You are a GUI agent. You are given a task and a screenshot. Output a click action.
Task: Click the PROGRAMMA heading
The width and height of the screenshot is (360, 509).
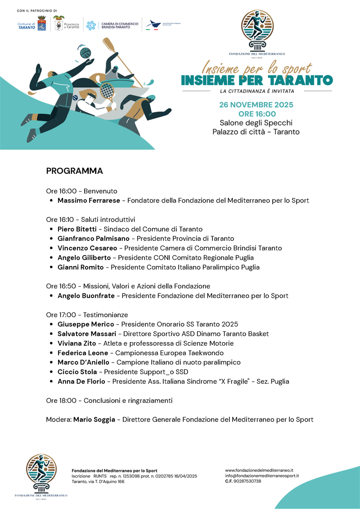[x=74, y=171]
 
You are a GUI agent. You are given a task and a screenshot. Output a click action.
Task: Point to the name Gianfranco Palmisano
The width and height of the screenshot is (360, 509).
[x=93, y=239]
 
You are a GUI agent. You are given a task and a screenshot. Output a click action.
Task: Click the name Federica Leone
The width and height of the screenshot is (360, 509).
[x=82, y=353]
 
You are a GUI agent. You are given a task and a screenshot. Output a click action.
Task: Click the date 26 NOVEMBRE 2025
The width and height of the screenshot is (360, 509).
[x=256, y=105]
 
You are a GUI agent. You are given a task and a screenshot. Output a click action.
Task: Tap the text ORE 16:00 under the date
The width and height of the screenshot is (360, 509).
[x=256, y=114]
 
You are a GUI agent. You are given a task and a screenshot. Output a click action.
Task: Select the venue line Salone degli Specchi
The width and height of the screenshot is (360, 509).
[x=256, y=123]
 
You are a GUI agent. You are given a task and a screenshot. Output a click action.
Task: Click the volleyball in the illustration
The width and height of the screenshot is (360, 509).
[x=85, y=53]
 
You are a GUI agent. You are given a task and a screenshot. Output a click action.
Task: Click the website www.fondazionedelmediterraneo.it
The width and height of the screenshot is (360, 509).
[x=259, y=470]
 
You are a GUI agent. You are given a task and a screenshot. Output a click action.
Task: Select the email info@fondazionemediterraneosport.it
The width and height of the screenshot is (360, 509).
[x=262, y=475]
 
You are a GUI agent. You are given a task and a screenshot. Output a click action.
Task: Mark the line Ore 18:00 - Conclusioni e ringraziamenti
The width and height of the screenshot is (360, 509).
[x=109, y=401]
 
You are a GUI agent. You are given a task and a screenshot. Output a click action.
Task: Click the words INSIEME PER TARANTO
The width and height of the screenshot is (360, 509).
[x=256, y=81]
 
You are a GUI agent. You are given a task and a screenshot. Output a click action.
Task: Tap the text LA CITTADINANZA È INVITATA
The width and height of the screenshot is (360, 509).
[x=256, y=91]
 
